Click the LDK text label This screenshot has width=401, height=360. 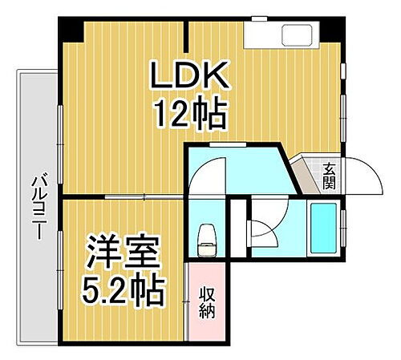[x=191, y=79]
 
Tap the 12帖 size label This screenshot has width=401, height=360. [x=191, y=115]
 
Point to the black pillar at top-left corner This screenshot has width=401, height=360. [x=71, y=31]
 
